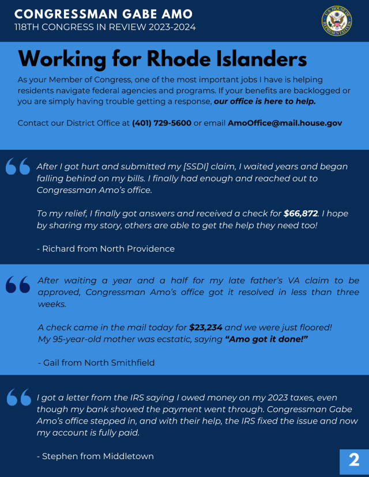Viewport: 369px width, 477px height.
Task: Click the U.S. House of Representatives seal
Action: coord(337,21)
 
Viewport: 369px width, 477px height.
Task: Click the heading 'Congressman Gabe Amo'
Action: coord(103,14)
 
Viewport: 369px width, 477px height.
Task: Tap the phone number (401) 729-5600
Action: coord(161,123)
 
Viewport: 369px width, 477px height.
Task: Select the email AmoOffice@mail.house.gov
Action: coord(285,123)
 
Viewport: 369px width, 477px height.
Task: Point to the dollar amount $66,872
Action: coord(300,213)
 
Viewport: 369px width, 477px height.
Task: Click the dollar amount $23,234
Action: coord(206,327)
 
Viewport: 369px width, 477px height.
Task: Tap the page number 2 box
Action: coord(354,460)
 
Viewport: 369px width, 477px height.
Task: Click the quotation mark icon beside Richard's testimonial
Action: coord(18,166)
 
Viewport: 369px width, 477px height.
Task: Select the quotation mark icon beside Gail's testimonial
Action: coord(18,283)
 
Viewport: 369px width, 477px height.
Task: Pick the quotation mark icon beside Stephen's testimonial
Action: coord(18,397)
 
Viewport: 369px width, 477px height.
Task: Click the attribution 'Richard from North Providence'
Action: coord(106,249)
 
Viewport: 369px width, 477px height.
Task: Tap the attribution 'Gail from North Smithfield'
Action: coord(99,363)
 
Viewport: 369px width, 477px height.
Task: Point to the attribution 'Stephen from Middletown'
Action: coord(96,456)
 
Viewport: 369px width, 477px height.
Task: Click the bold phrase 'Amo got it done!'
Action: coord(266,339)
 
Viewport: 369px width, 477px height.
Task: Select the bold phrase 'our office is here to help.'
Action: coord(265,101)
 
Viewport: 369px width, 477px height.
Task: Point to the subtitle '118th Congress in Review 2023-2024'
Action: coord(105,28)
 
